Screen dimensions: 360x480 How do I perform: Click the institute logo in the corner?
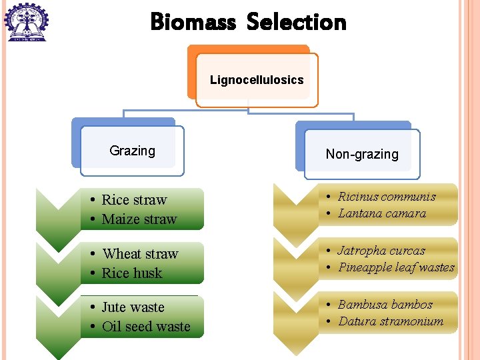pos(26,21)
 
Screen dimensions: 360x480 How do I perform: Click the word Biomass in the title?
pos(193,22)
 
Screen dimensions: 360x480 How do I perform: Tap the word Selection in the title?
pos(297,22)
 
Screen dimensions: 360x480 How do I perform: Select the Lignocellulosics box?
pos(257,80)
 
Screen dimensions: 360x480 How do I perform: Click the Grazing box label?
pos(132,151)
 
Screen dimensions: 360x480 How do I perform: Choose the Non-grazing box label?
pos(362,154)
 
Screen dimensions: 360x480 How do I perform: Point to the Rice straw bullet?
pos(134,200)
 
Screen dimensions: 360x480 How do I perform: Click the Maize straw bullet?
pos(139,219)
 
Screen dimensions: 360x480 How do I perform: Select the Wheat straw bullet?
pos(140,254)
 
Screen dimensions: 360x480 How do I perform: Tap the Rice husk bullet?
pos(132,273)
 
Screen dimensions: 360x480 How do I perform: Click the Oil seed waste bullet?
pos(146,327)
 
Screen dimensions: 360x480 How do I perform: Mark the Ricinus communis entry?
pos(387,197)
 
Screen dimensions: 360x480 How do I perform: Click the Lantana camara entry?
pos(382,213)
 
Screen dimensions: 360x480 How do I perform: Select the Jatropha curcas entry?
pos(381,251)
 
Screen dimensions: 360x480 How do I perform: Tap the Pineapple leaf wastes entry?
pos(396,267)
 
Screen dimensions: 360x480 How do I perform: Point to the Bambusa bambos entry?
pos(385,305)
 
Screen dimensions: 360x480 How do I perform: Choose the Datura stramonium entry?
pos(391,321)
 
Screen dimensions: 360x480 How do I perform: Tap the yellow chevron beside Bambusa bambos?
pos(295,320)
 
